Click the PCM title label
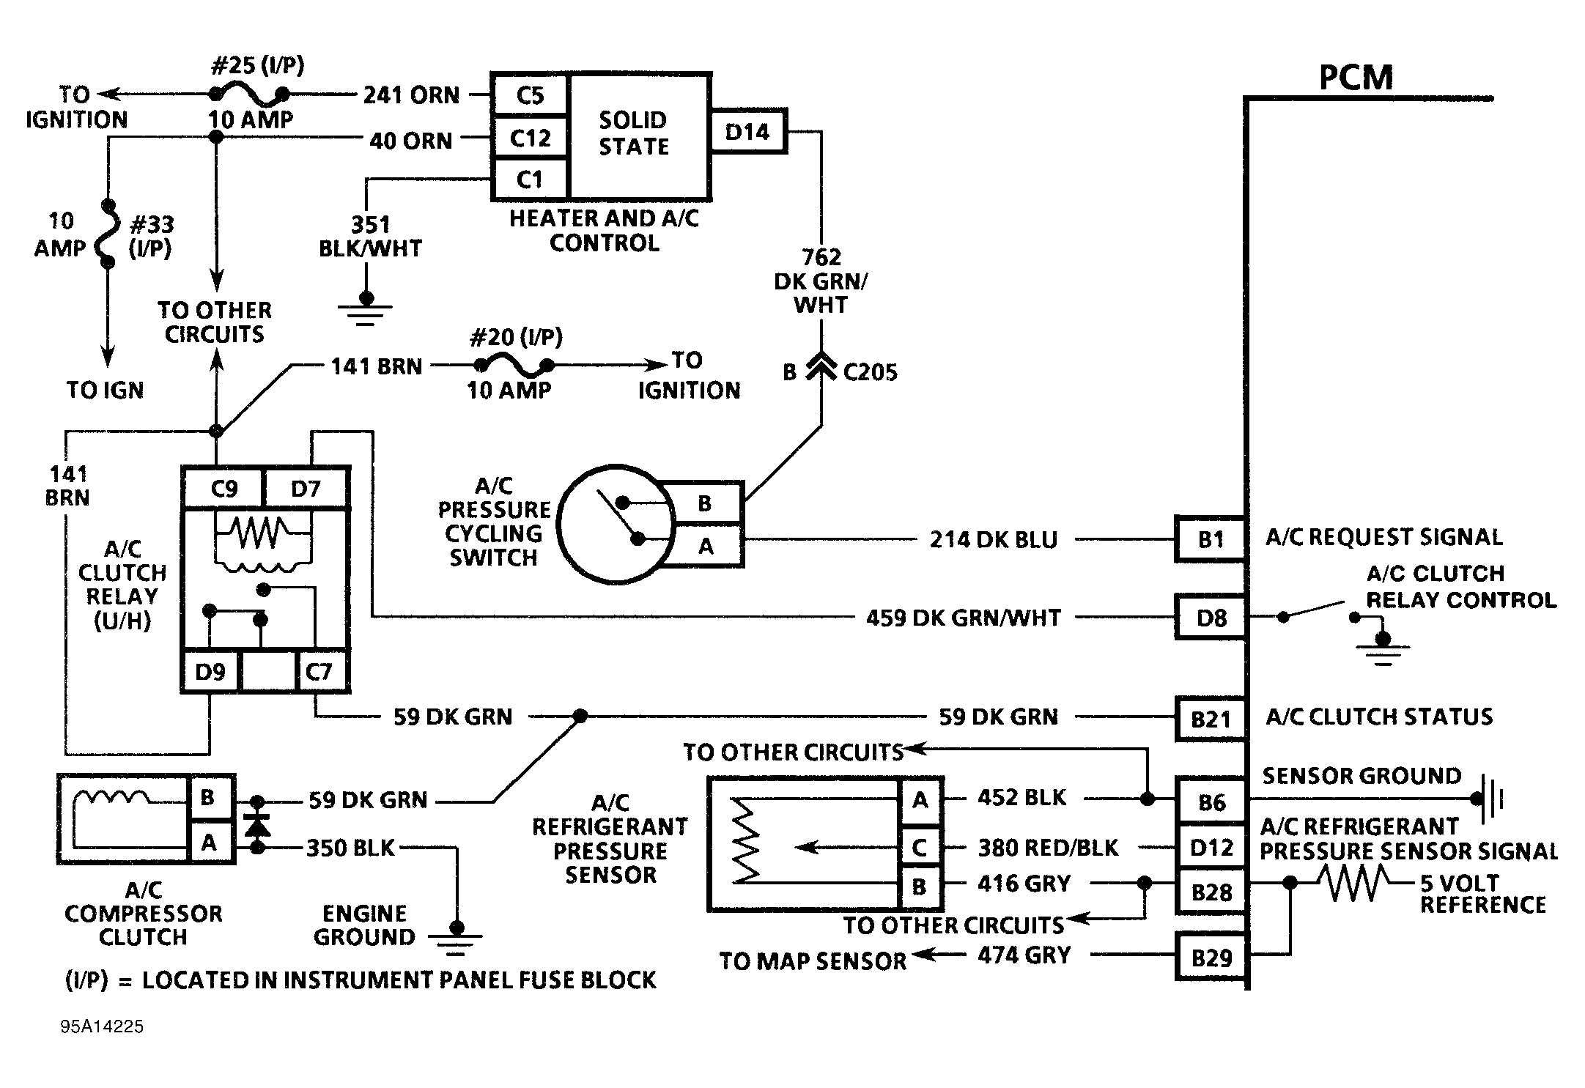tap(1356, 78)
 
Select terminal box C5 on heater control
tap(530, 95)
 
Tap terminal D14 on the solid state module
tap(747, 132)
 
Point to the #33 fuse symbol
tap(108, 233)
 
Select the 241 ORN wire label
tap(412, 95)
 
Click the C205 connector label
tap(870, 372)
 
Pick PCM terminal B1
tap(1211, 539)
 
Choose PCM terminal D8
tap(1211, 618)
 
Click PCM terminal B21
tap(1211, 719)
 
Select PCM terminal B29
tap(1211, 957)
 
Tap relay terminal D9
tap(210, 671)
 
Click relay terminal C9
tap(223, 488)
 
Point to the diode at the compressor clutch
tap(257, 824)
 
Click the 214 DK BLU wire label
tap(994, 540)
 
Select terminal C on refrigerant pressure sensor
tap(920, 848)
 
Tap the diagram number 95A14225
tap(102, 1026)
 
